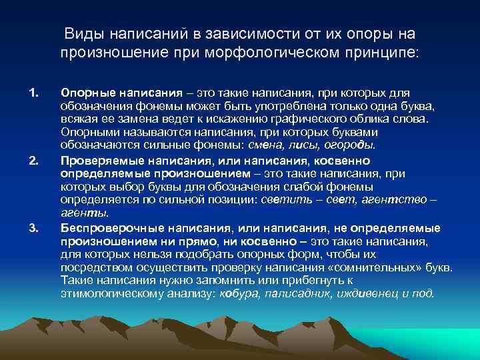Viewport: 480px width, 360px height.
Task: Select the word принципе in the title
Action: click(x=384, y=51)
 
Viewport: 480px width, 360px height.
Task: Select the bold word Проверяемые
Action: click(x=97, y=160)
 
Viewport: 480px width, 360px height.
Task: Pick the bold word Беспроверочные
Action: click(x=105, y=229)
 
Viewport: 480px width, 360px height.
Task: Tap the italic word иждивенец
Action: click(x=361, y=293)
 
